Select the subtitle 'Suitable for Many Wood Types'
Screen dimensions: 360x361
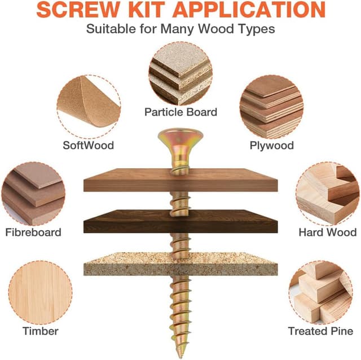[180, 29]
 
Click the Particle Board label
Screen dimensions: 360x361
[180, 112]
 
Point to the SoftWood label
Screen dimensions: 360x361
[89, 145]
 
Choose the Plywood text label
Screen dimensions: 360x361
[271, 145]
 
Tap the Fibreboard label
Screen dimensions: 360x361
[33, 232]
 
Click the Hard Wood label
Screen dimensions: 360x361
[327, 232]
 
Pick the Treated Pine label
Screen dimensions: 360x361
[320, 331]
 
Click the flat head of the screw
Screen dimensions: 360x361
[180, 137]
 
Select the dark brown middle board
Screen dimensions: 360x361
[180, 222]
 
